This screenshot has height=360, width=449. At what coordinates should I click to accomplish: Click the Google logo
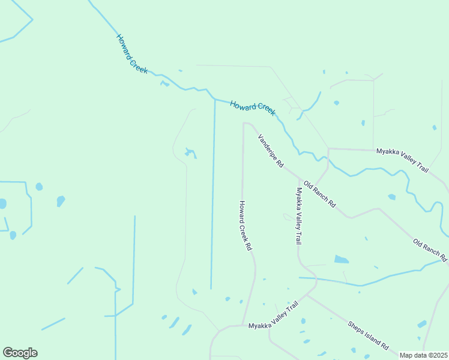point(20,353)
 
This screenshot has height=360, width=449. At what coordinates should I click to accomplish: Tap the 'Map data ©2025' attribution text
point(423,355)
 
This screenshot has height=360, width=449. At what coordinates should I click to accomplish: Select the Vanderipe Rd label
point(270,151)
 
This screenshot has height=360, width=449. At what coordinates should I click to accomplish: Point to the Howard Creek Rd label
point(245,225)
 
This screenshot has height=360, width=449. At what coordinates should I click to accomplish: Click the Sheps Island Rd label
point(368,335)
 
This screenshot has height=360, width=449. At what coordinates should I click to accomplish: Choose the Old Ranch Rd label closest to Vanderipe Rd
point(319,194)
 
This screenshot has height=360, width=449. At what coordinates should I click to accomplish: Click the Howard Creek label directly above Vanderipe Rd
point(253,107)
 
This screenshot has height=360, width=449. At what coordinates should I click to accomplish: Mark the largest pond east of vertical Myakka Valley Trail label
point(341,260)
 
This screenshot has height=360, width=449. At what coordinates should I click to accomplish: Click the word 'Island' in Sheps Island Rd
point(369,336)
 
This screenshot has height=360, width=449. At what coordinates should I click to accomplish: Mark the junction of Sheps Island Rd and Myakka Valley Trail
point(309,295)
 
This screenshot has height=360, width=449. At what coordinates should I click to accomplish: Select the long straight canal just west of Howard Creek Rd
point(213,192)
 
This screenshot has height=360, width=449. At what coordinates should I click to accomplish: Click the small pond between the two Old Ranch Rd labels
point(391,197)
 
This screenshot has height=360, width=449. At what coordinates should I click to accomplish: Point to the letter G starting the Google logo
point(8,353)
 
